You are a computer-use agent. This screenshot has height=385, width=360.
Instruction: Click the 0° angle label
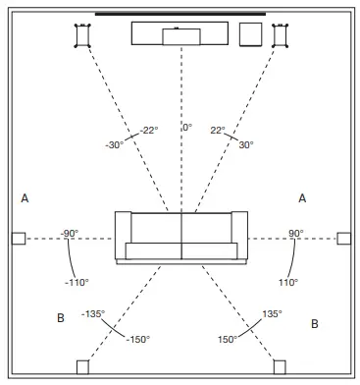186,129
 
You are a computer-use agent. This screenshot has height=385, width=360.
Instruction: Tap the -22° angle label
148,131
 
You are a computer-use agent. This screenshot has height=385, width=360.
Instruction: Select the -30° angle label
116,144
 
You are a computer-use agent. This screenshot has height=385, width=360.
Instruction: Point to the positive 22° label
217,131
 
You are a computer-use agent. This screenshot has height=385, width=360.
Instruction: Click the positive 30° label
245,144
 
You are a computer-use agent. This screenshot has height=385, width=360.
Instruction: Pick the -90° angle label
70,233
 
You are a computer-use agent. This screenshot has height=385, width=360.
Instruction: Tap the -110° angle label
77,282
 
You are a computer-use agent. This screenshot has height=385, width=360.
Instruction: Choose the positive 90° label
295,233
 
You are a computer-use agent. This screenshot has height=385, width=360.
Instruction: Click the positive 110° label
287,282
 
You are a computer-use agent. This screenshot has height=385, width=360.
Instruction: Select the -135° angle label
94,314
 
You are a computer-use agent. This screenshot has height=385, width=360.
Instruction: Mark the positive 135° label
272,314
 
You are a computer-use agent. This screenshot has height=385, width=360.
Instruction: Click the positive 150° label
228,339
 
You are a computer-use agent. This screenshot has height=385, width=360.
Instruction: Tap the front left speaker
82,34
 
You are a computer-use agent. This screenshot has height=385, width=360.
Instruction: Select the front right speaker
281,34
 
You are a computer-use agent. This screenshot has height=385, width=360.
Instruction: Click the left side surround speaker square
18,238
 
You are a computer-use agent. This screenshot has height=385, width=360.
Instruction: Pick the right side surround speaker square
343,238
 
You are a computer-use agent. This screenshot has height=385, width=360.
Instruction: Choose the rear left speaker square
82,367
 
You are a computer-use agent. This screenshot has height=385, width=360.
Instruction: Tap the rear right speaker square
280,367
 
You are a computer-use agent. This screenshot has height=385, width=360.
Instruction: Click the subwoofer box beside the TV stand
249,34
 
